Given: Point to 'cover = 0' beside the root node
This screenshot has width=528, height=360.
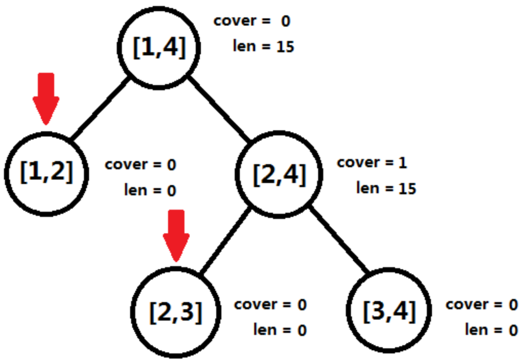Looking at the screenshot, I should click(252, 21).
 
